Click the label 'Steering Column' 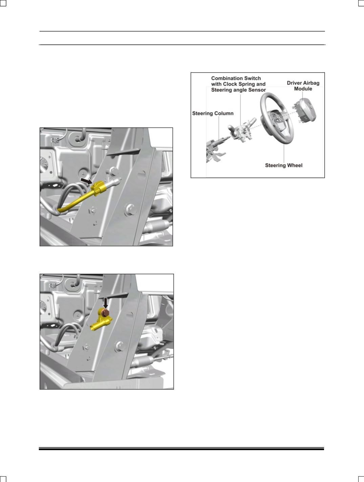(x=213, y=113)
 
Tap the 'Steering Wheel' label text (x=283, y=165)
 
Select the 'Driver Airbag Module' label (x=303, y=86)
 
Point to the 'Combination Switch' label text (x=236, y=78)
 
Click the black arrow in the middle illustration (x=87, y=181)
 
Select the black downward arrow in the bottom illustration (x=106, y=303)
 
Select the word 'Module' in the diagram (x=303, y=89)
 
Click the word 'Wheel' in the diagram (x=295, y=165)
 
